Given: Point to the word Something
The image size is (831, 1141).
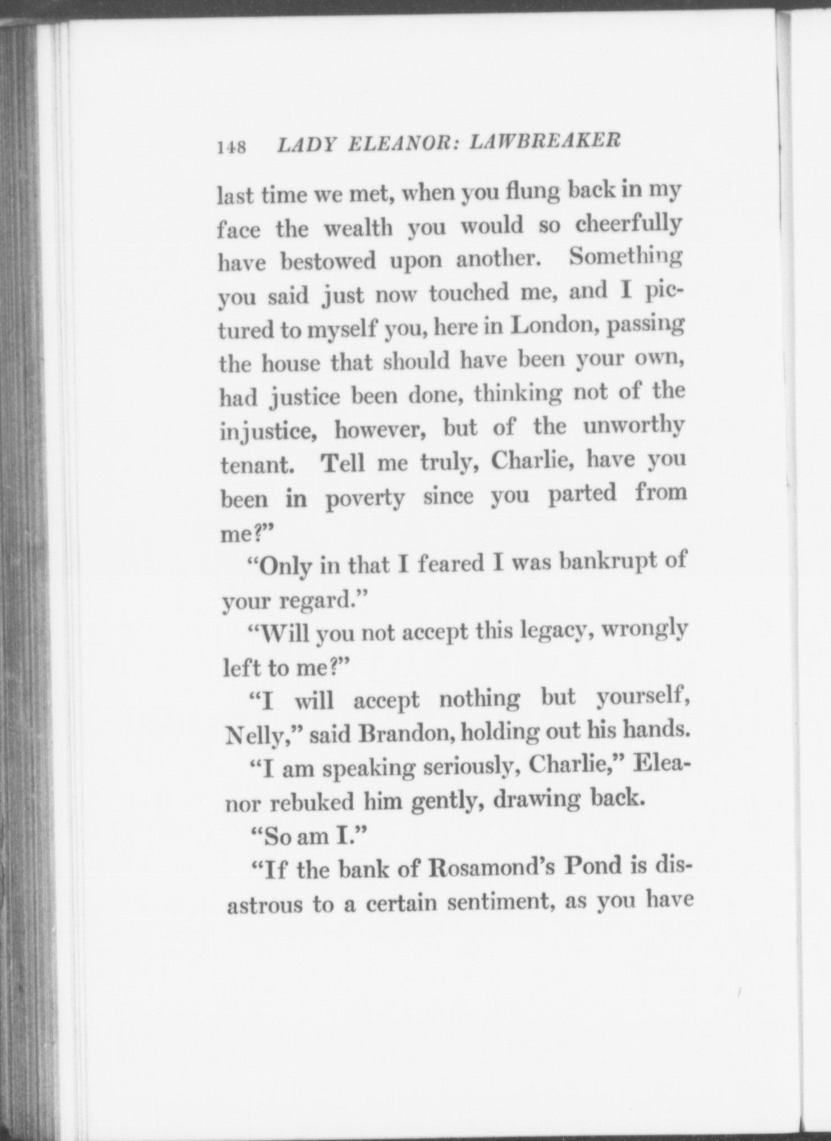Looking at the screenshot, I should (x=625, y=258).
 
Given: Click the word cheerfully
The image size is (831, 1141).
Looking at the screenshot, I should (x=628, y=225).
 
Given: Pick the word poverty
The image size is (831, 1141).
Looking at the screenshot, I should (x=365, y=499).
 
